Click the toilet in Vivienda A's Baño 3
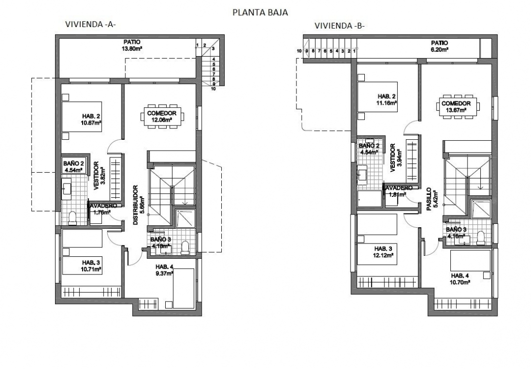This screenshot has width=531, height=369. [185, 246]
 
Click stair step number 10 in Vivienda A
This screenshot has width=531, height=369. [214, 90]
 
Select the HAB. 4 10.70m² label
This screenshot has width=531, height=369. [460, 279]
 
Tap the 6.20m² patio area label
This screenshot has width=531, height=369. [440, 47]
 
